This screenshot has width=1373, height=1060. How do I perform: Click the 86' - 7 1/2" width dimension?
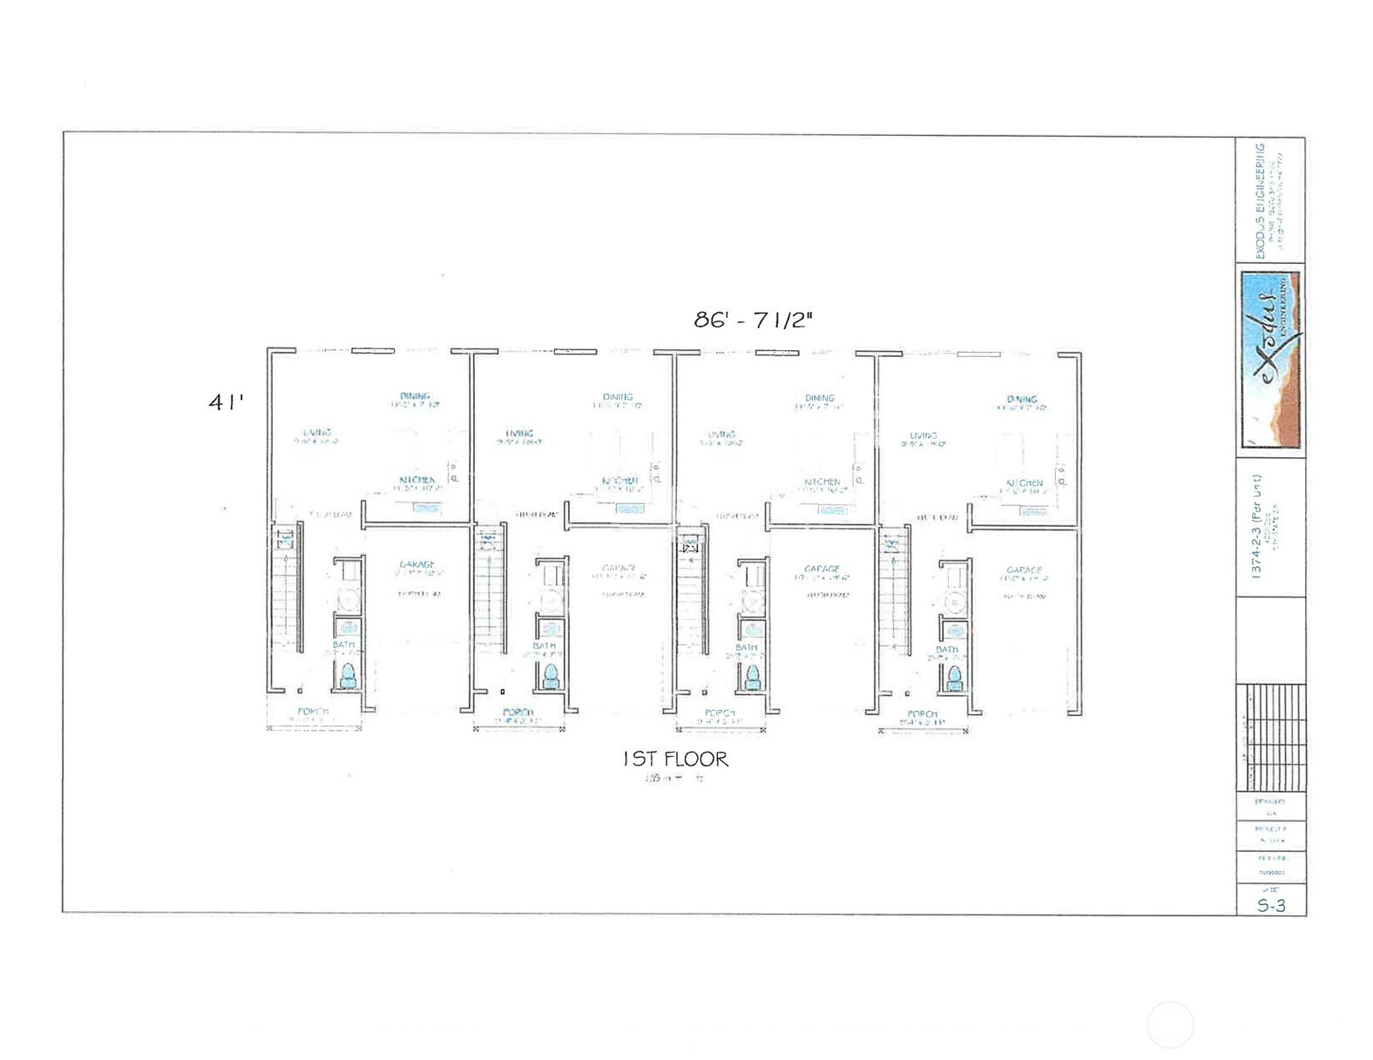(753, 320)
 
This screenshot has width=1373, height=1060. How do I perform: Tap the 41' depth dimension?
(226, 402)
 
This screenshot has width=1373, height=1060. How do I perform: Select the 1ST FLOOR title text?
(675, 760)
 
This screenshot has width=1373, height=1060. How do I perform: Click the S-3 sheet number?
(1271, 905)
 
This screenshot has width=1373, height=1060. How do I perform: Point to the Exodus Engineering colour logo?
(1271, 360)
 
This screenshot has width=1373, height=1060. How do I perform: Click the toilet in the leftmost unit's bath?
(348, 676)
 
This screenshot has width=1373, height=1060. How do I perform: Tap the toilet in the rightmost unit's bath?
(954, 676)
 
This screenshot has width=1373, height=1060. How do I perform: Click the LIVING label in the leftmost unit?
(317, 433)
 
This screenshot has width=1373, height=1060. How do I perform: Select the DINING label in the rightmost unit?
(1022, 400)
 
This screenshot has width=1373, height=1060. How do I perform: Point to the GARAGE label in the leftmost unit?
(416, 565)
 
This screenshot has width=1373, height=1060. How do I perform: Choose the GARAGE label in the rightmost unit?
(1024, 571)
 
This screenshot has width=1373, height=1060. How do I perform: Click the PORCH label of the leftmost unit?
(313, 712)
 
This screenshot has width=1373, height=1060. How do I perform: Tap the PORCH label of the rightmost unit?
(922, 714)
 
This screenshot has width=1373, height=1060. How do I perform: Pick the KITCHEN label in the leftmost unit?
(416, 480)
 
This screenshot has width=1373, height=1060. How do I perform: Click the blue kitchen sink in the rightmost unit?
(1033, 511)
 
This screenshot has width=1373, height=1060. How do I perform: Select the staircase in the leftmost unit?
(285, 592)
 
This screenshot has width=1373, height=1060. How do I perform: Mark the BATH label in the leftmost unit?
(344, 645)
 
